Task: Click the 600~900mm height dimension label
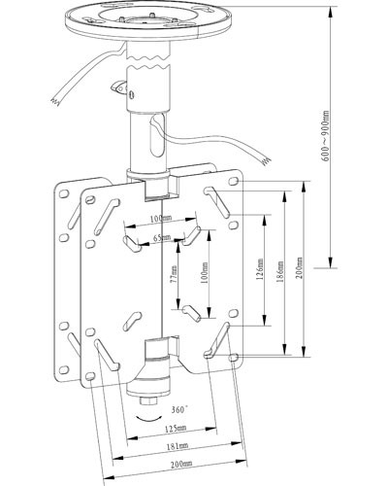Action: (x=326, y=136)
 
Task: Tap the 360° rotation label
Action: (x=179, y=409)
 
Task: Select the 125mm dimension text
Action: (x=176, y=429)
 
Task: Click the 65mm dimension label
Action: (x=162, y=237)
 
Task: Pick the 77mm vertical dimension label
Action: (x=174, y=274)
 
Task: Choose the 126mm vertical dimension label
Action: (x=260, y=269)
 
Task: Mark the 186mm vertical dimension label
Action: (x=280, y=271)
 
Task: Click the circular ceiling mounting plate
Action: (x=148, y=19)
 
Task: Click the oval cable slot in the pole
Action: (x=158, y=135)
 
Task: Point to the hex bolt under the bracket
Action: (x=148, y=400)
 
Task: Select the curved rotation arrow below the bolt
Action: (x=148, y=419)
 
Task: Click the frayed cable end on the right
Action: (x=266, y=161)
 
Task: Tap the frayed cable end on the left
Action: (x=54, y=101)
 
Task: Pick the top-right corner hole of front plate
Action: (x=234, y=181)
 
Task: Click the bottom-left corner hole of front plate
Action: (x=89, y=376)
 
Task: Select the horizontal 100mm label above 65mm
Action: (x=161, y=219)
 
